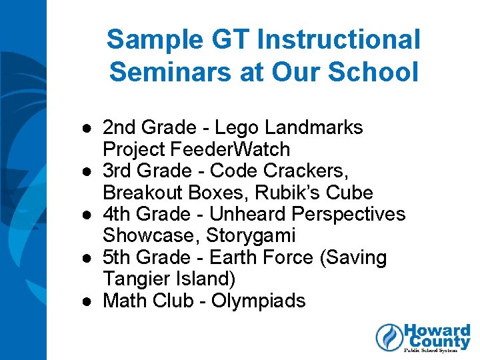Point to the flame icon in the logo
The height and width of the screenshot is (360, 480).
click(x=388, y=337)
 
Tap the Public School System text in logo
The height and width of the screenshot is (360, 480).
click(x=437, y=349)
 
